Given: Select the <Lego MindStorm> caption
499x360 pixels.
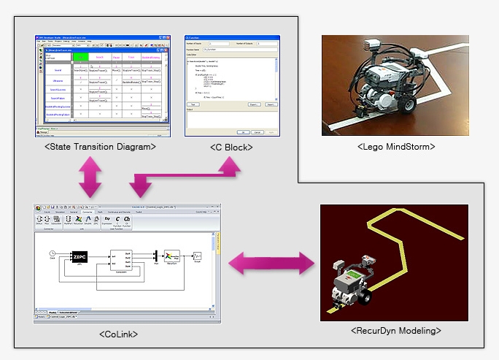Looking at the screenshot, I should coord(396,146).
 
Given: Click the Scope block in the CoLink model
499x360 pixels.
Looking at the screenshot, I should coord(197,257).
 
